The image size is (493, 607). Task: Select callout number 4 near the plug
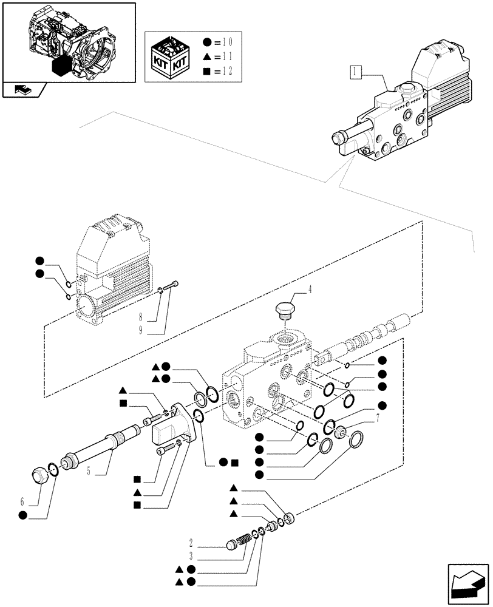(311, 290)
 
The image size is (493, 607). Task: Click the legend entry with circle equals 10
(217, 42)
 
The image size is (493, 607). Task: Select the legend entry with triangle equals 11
(217, 58)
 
